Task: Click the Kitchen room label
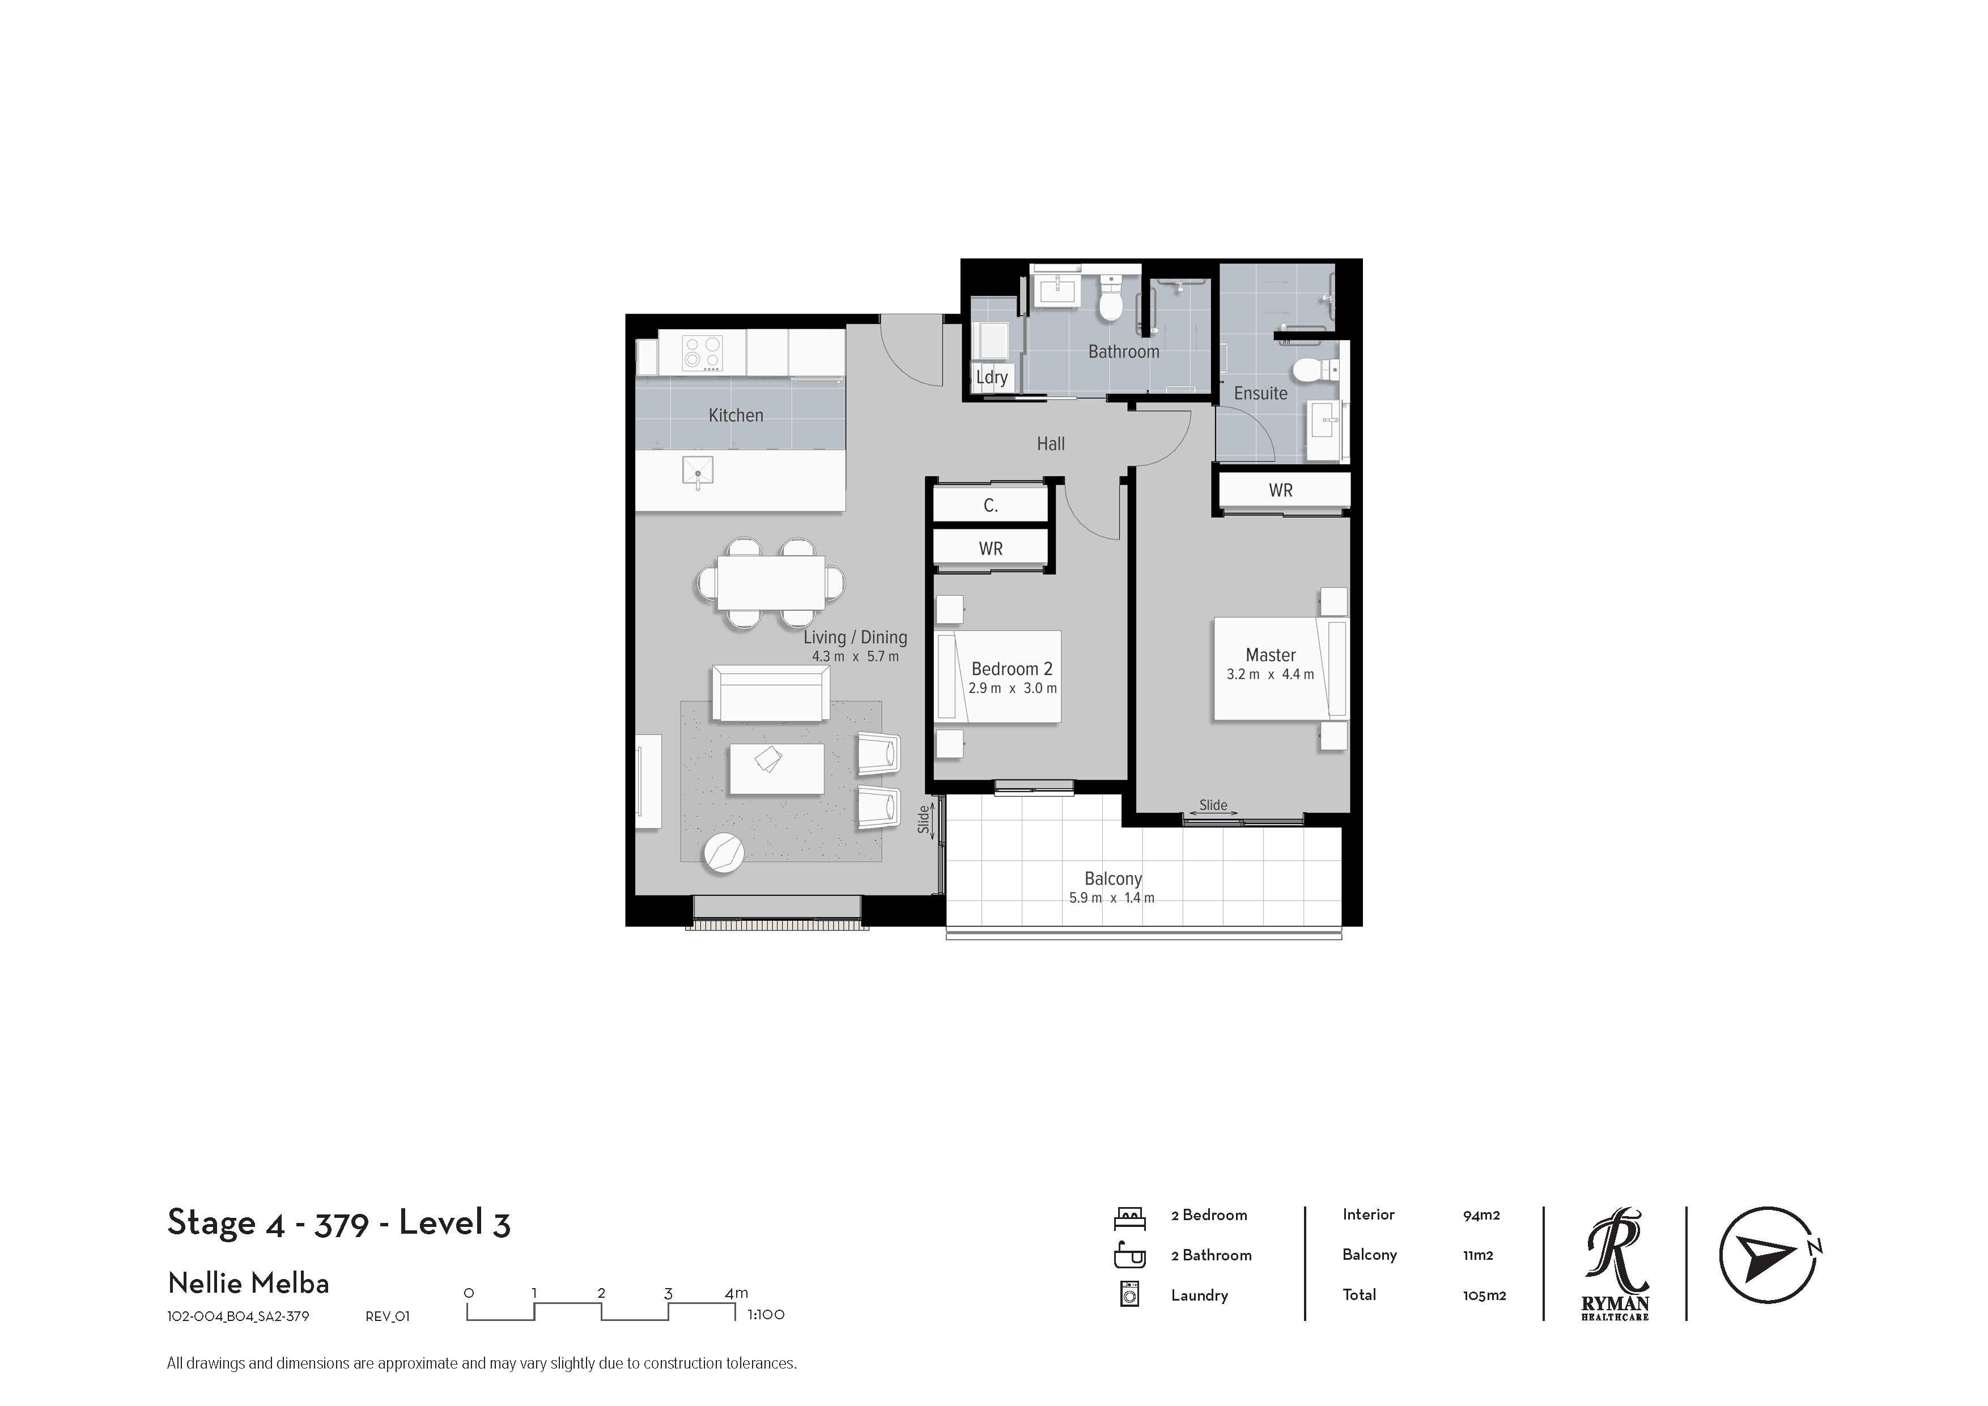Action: click(736, 415)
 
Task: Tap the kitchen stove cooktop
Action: click(702, 353)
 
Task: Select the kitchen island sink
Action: click(698, 473)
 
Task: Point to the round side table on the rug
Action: click(724, 853)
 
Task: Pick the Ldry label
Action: click(991, 377)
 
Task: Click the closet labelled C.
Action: click(991, 505)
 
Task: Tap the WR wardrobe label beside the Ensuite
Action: click(1281, 490)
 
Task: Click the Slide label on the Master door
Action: click(1213, 805)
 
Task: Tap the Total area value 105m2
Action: click(1484, 1296)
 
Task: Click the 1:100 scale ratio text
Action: click(766, 1314)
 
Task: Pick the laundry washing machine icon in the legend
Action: click(1130, 1294)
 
